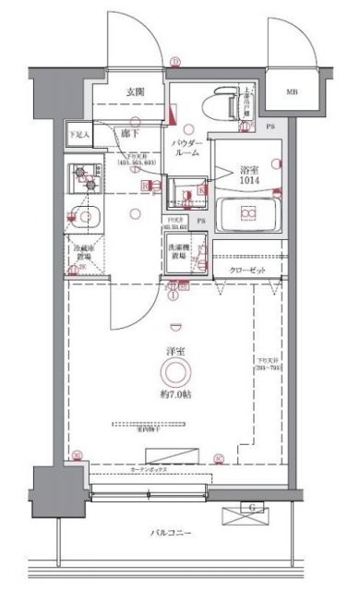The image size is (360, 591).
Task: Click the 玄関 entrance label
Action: tap(134, 91)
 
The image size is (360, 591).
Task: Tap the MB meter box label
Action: tap(292, 92)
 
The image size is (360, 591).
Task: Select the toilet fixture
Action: tap(224, 101)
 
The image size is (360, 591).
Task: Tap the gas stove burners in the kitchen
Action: tap(81, 177)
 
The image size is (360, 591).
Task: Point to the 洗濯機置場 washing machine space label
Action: tap(180, 252)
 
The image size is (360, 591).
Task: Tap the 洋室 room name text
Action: tap(177, 352)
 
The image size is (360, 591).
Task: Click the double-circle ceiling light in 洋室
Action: tap(175, 373)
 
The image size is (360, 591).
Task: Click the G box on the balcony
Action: tap(250, 506)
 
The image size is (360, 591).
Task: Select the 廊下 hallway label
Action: tap(130, 134)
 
